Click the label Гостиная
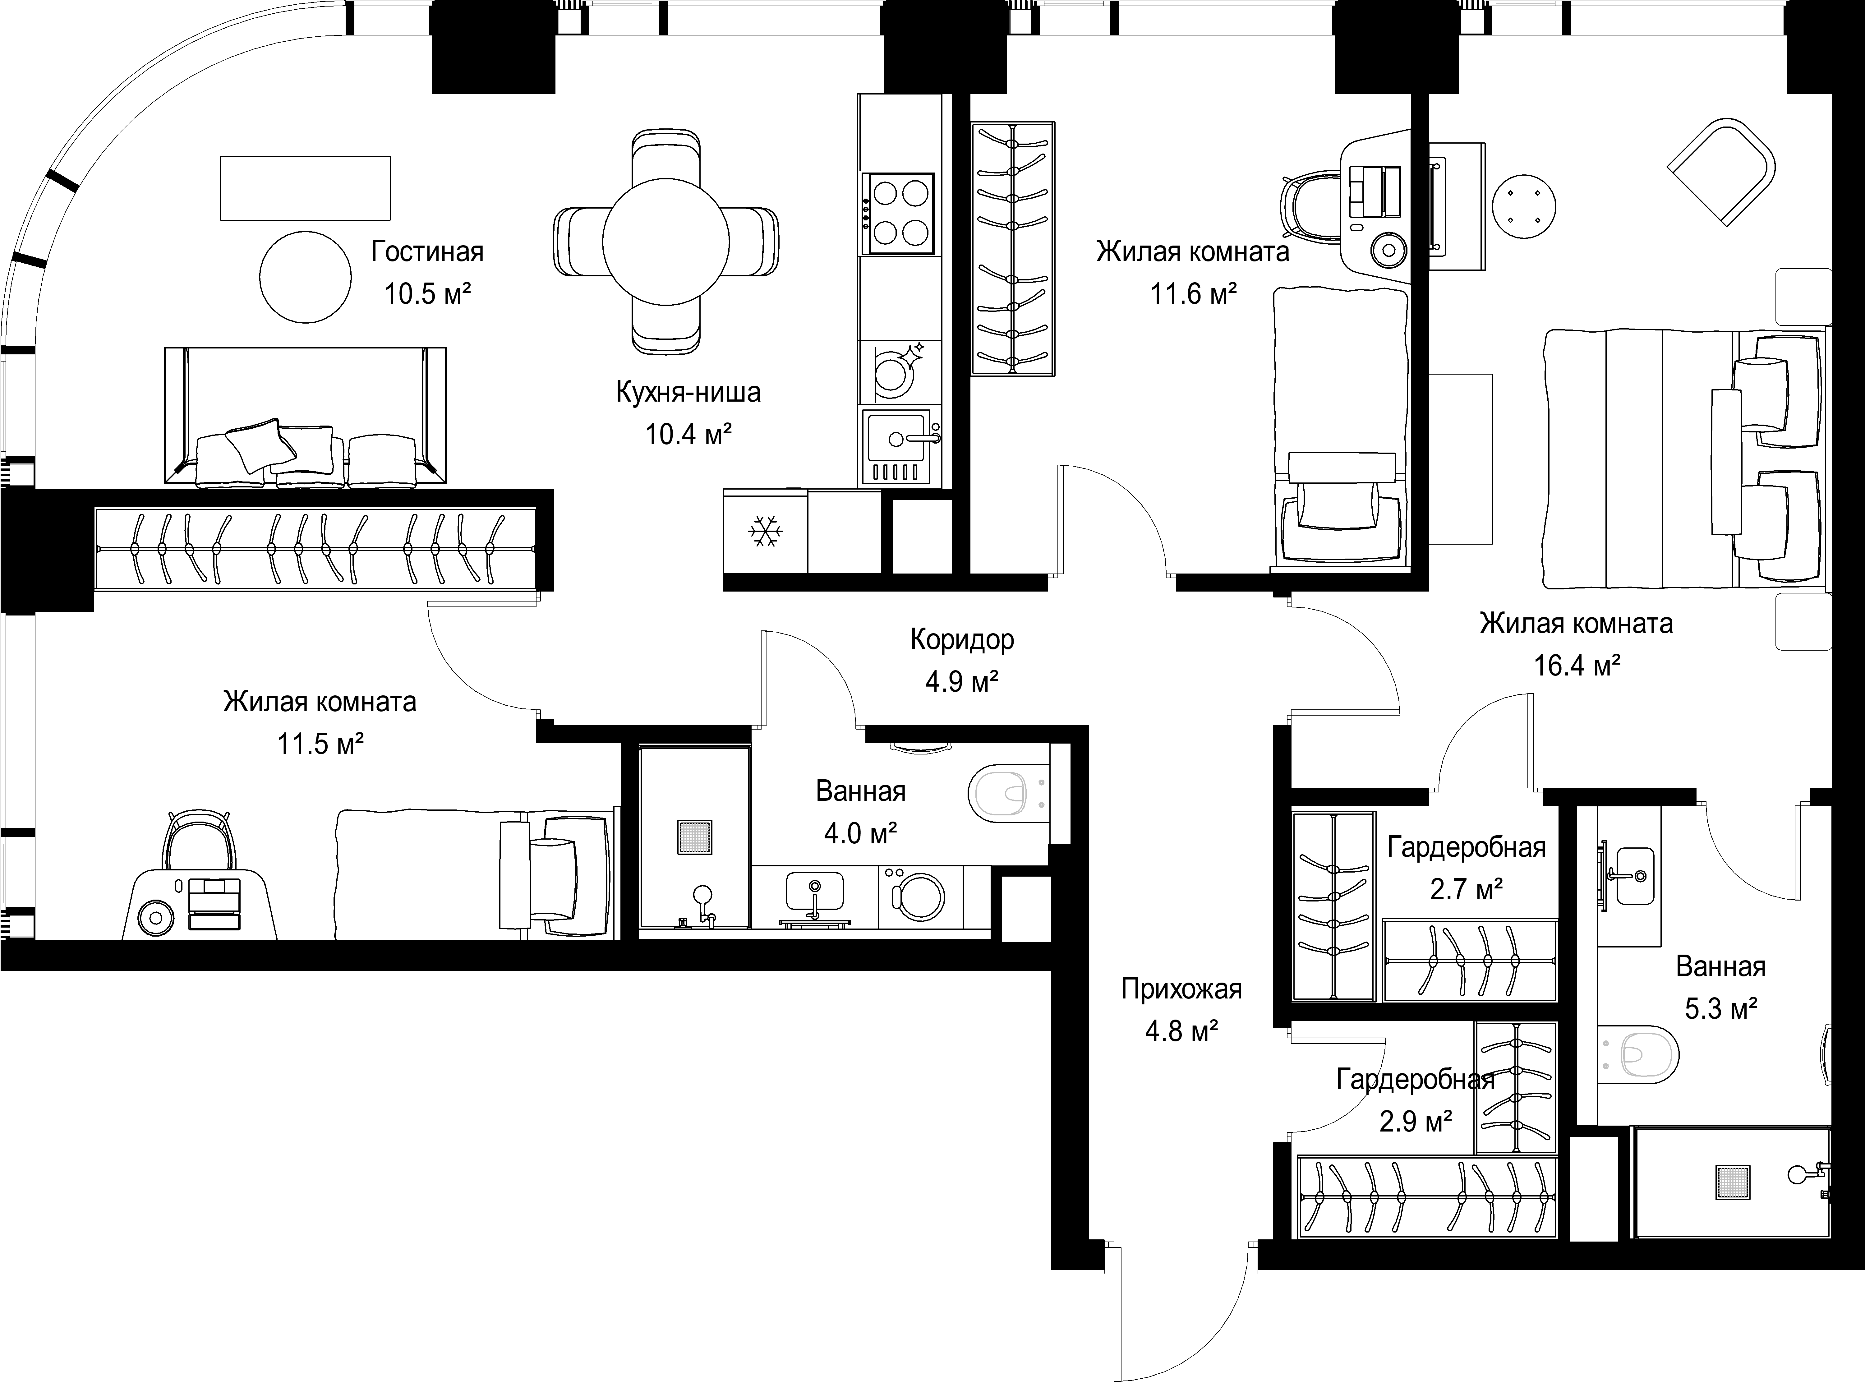(428, 251)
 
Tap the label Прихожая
(1181, 989)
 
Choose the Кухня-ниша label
(688, 393)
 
